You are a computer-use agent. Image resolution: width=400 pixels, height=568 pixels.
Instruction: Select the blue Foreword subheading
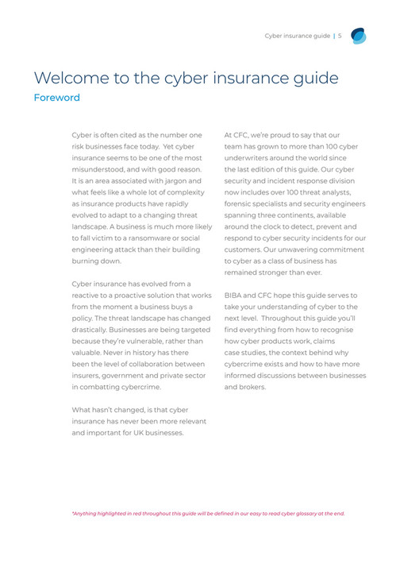[x=56, y=98]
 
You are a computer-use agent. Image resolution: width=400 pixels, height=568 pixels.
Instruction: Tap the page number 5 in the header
[x=340, y=35]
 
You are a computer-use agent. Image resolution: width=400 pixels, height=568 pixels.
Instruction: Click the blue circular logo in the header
[x=359, y=36]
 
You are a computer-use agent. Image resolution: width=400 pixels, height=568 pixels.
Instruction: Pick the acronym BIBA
[x=236, y=295]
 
